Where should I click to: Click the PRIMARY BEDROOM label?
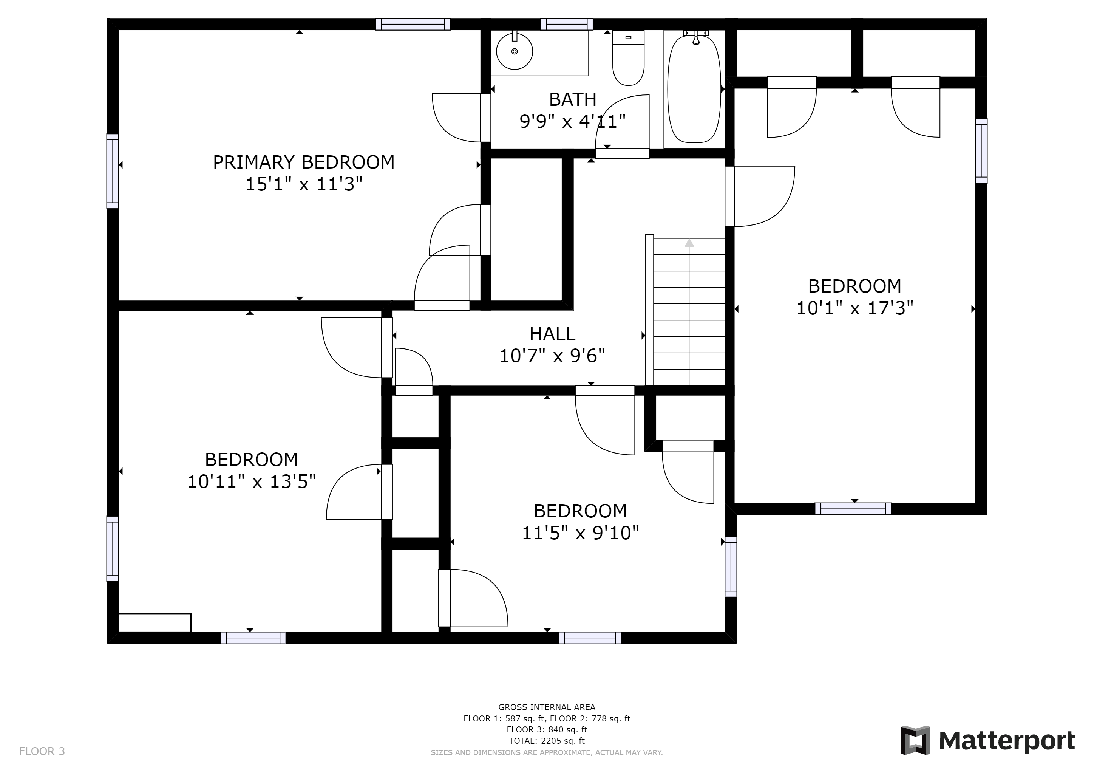coord(303,163)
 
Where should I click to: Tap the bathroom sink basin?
coord(514,51)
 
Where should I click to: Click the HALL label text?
coord(552,334)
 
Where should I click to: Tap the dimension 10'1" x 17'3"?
coord(855,308)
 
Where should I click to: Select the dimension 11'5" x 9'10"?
coord(580,533)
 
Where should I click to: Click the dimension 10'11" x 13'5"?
coord(252,482)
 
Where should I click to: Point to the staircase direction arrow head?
coord(689,243)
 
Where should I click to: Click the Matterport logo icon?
coord(915,740)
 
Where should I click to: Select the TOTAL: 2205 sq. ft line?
coord(547,741)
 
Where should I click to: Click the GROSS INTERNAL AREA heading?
coord(547,707)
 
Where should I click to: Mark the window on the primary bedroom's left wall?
coord(113,171)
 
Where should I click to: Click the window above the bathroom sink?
coord(567,24)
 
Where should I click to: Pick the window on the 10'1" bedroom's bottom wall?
coord(853,509)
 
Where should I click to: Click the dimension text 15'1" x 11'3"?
coord(303,184)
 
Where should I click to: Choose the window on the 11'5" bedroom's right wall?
coord(731,567)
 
